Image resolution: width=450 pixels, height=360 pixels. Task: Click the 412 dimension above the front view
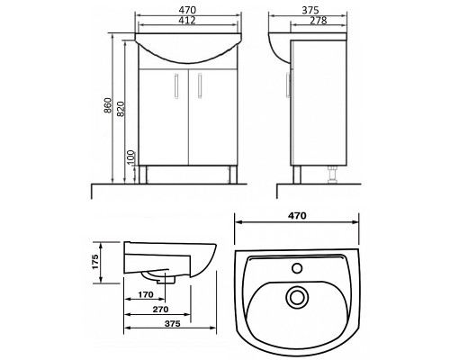[x=187, y=21]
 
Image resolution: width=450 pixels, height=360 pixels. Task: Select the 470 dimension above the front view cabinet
[x=187, y=10]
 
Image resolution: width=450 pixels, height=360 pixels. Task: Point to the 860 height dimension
[x=108, y=105]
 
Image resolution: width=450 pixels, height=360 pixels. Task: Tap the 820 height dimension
[x=121, y=109]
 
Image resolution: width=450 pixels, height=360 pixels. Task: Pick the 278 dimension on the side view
[x=319, y=21]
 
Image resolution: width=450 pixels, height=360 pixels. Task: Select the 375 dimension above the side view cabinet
[x=310, y=10]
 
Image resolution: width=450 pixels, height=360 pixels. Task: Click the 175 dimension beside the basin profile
[x=95, y=262]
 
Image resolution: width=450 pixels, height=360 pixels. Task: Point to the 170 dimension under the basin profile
[x=146, y=294]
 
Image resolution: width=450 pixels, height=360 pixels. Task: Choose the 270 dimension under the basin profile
[x=161, y=309]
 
